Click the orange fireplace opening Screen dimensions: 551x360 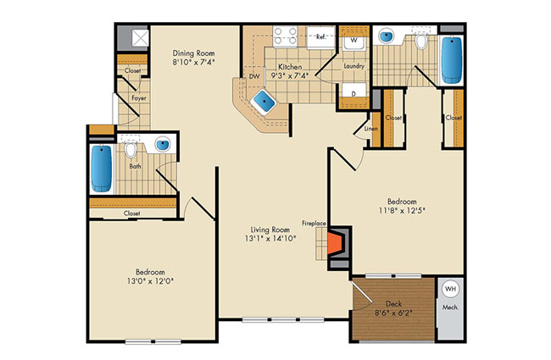coord(335,244)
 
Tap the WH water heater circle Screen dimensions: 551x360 coord(450,289)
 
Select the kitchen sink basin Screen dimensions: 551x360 coord(264,101)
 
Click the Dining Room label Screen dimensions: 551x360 coord(193,53)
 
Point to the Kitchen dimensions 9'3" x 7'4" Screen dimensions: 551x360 coord(289,75)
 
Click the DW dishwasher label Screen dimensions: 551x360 coord(254,76)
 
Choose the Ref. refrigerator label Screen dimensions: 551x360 coord(320,36)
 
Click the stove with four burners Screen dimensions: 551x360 coord(286,36)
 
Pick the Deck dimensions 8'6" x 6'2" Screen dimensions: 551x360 coord(393,313)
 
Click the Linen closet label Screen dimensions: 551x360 coord(370,129)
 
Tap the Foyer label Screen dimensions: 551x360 coord(139,98)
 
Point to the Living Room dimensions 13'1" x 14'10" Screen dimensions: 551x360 coord(270,239)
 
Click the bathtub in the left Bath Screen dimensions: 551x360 coord(102,169)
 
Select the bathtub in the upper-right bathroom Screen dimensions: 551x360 coord(452,60)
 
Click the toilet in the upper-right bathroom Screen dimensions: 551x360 coord(420,42)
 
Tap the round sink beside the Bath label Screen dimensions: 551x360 coord(163,145)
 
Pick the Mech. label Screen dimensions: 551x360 coord(450,307)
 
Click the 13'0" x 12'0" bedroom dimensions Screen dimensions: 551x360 coord(150,281)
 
